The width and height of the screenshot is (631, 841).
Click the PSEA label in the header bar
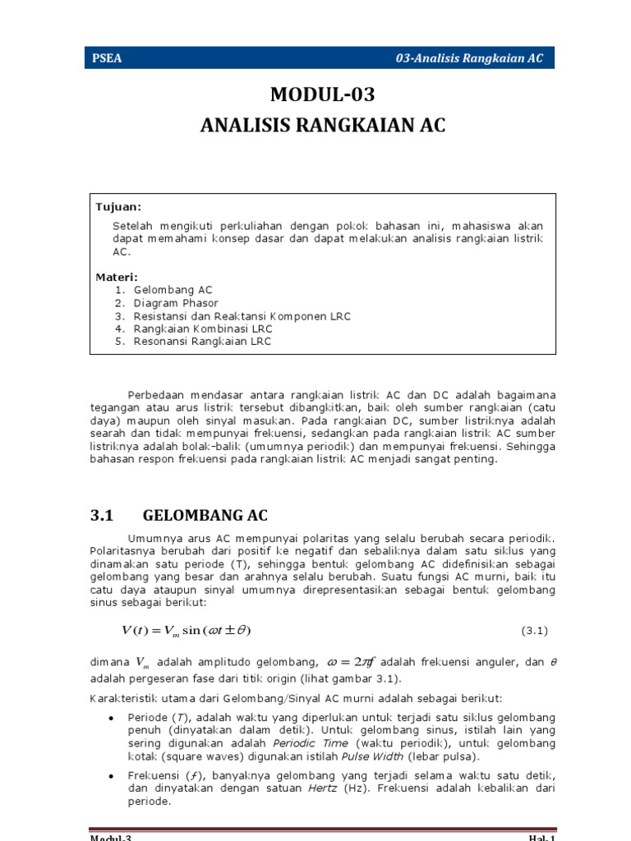coord(108,57)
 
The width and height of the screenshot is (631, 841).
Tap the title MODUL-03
coord(322,95)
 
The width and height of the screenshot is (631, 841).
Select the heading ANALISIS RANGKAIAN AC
coord(322,126)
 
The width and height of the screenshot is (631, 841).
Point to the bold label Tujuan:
coord(118,207)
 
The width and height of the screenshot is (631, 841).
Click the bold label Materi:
coord(117,277)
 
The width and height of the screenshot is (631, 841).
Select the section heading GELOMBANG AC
coord(205,516)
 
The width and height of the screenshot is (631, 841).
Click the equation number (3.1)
coord(534,631)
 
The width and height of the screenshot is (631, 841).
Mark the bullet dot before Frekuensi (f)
coord(110,776)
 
